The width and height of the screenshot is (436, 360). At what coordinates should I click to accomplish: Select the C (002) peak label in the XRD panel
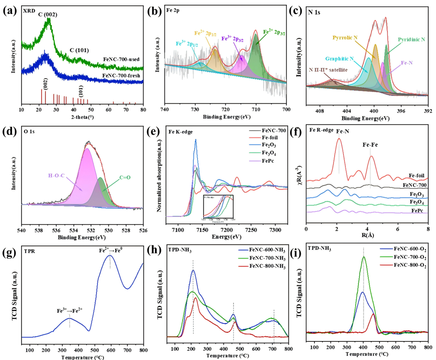tap(48, 14)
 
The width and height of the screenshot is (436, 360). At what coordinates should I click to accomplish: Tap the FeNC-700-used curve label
tap(121, 59)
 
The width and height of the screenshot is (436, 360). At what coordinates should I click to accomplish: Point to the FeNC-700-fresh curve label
tap(121, 75)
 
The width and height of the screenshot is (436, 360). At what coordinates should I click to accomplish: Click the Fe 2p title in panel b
tap(173, 10)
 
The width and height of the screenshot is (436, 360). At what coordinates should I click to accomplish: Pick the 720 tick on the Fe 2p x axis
tap(225, 110)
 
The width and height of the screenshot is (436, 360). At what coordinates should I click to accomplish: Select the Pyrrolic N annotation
tap(345, 38)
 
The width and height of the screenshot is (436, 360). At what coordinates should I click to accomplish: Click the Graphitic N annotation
tap(339, 59)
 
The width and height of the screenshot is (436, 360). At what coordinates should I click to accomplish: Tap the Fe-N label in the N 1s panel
tap(407, 63)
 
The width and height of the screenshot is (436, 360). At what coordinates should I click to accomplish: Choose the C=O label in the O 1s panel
tap(125, 177)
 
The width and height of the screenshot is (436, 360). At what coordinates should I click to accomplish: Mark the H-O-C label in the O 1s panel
tap(56, 176)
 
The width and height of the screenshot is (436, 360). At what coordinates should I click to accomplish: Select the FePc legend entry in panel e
tap(268, 161)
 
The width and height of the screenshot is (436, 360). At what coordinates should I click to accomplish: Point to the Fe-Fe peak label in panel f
tap(370, 145)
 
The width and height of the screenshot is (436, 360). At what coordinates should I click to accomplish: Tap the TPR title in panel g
tap(30, 251)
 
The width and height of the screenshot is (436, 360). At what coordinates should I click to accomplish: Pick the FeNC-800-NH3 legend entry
tap(267, 266)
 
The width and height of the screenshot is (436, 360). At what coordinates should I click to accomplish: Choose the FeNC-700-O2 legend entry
tap(410, 257)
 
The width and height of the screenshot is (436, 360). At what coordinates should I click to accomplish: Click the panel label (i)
tap(295, 254)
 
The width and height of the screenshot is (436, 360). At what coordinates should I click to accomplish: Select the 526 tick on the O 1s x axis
tap(143, 230)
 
